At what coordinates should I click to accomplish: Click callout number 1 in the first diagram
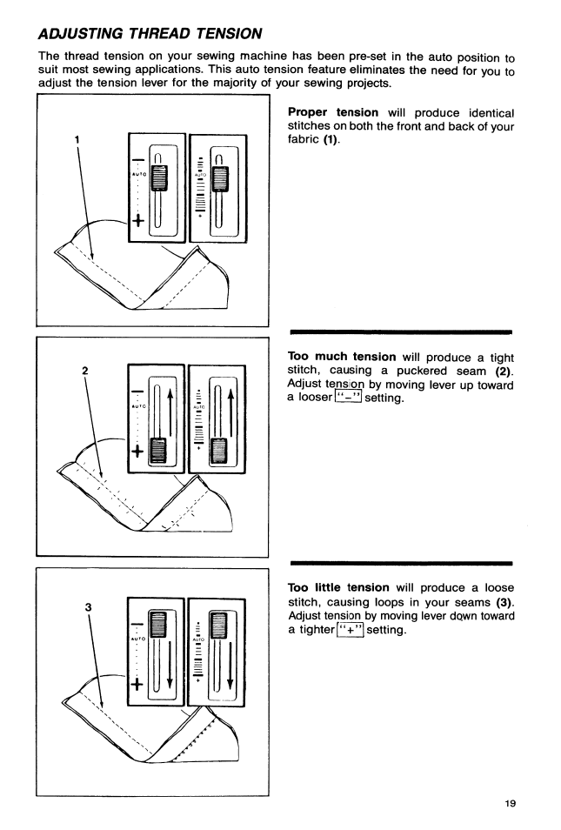[x=77, y=137]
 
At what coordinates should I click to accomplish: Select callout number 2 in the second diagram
[x=84, y=371]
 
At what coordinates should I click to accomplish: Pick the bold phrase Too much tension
[x=341, y=357]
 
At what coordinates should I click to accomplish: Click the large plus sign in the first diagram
[x=137, y=222]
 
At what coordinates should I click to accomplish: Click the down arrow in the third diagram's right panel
[x=240, y=660]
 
